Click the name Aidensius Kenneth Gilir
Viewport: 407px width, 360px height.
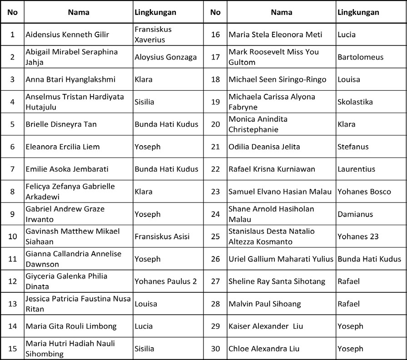click(67, 35)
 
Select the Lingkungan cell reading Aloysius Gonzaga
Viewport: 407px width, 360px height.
click(166, 57)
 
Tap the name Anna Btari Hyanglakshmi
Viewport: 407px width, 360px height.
click(70, 79)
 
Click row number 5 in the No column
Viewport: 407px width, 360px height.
click(12, 124)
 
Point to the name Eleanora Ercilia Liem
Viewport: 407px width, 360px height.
click(63, 147)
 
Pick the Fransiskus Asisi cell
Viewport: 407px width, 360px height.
click(162, 237)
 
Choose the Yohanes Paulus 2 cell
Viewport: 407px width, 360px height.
click(166, 281)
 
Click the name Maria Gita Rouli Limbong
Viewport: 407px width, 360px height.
click(71, 326)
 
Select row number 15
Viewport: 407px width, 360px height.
click(12, 349)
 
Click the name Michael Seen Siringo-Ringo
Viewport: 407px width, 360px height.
click(278, 79)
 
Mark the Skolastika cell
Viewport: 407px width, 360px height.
click(355, 102)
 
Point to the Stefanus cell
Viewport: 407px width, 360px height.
click(353, 147)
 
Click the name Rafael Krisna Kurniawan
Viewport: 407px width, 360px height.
click(272, 169)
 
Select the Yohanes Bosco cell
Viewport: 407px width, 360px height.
click(364, 192)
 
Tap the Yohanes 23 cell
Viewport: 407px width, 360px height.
click(358, 237)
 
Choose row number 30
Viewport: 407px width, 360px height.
click(215, 349)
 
